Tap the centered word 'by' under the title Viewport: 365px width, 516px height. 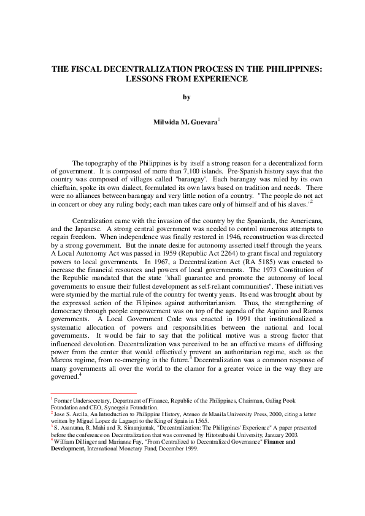pyautogui.click(x=187, y=97)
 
